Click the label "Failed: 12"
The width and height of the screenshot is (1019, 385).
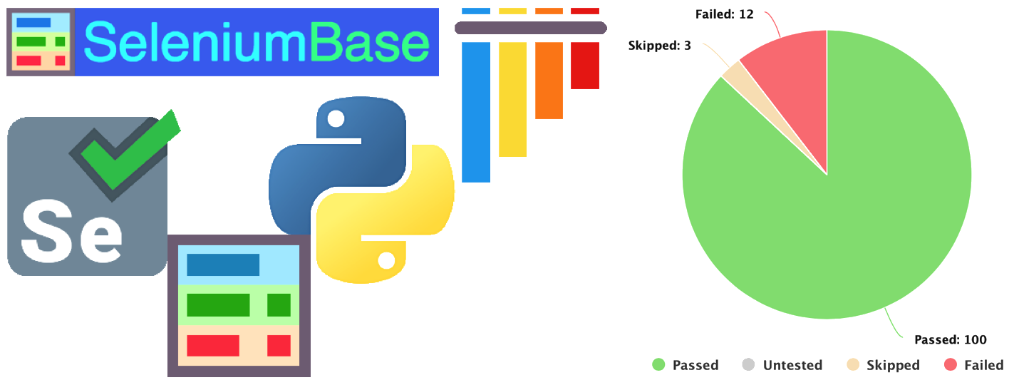pos(724,14)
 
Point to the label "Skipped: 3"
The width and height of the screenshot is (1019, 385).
pos(659,46)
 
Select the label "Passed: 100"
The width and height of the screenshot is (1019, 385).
pos(950,339)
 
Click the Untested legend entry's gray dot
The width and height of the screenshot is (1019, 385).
pos(748,365)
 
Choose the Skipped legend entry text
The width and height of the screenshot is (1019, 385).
pos(893,365)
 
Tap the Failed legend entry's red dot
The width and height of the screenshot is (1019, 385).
pos(950,365)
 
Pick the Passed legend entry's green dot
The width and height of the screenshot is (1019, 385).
pos(658,365)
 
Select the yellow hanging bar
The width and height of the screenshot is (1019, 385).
pos(512,99)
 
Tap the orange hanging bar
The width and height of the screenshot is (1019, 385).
pos(549,81)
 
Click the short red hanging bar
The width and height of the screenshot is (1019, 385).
pos(585,66)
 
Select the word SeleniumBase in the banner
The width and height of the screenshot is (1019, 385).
pos(257,43)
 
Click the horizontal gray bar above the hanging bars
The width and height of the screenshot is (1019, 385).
pos(531,28)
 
